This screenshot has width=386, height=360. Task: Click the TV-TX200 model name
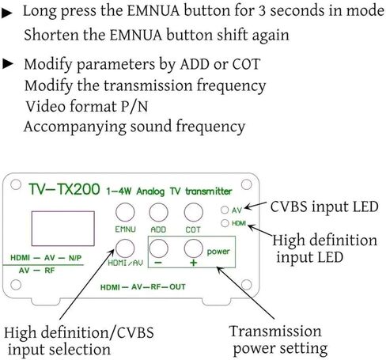click(64, 189)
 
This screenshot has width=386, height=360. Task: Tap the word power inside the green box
click(218, 252)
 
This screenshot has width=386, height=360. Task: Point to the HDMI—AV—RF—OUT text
click(143, 286)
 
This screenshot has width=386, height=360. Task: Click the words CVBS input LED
click(324, 207)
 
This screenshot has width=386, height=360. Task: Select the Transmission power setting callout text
click(278, 340)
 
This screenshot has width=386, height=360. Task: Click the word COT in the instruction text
click(246, 64)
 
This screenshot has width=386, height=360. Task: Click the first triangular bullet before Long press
click(7, 13)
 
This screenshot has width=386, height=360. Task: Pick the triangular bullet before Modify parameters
click(8, 64)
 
